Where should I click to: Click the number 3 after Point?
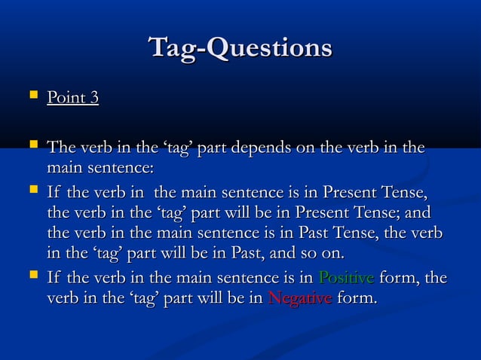click(94, 98)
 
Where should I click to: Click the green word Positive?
click(346, 279)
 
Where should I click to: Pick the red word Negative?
click(299, 299)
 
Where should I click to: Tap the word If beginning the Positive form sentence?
click(53, 279)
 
